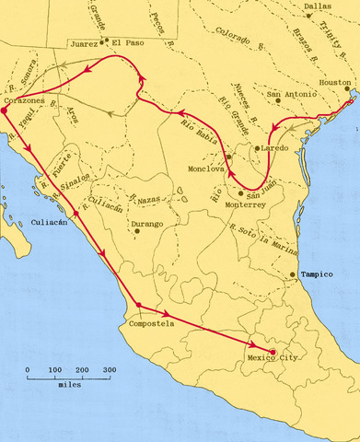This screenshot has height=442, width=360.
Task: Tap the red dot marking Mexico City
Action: [273, 350]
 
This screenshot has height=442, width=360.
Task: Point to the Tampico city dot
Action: [292, 274]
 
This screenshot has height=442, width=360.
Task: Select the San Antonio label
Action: [290, 94]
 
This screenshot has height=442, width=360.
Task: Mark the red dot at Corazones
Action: [5, 110]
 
